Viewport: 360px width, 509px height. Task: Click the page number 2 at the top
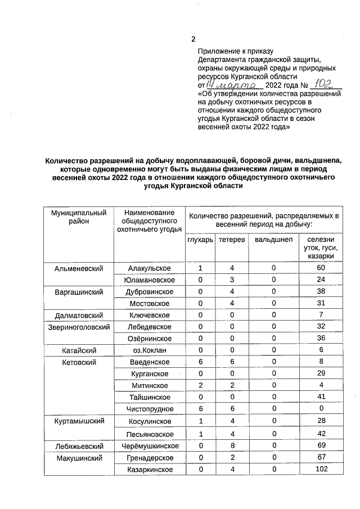click(193, 39)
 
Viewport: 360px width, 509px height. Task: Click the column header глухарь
click(200, 240)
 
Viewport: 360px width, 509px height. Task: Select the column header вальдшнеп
click(273, 240)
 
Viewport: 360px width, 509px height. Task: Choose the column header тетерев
click(232, 240)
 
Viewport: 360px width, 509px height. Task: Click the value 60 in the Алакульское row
click(321, 268)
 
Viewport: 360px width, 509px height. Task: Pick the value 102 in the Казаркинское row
click(321, 469)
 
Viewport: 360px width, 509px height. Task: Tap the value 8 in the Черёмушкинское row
click(232, 446)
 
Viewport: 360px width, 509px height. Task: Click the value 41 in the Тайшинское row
click(321, 397)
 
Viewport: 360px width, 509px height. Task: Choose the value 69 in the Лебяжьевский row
click(321, 446)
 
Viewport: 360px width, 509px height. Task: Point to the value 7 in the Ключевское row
click(321, 315)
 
